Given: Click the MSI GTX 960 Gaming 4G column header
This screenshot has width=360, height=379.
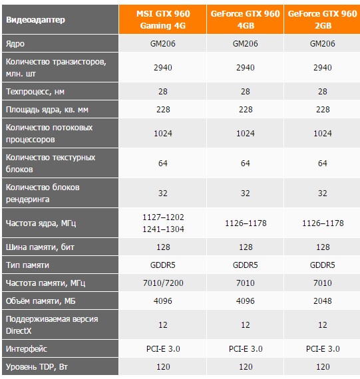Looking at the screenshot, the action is [163, 19].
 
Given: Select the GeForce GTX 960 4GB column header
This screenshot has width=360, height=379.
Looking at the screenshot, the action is [246, 19].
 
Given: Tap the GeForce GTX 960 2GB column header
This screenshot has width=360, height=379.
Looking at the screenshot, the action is [323, 19].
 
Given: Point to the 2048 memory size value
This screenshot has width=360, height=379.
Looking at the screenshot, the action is [323, 301].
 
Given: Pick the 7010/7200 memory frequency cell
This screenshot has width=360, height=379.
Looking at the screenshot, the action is [163, 283].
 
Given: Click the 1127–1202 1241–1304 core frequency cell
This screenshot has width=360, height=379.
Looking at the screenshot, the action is [163, 223].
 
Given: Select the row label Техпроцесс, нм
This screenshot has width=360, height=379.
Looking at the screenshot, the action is [35, 92].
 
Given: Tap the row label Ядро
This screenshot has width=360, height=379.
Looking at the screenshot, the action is [15, 44].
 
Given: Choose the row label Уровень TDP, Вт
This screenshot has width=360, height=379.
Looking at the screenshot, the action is [37, 366].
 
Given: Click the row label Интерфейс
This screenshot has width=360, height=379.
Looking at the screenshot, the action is [27, 349].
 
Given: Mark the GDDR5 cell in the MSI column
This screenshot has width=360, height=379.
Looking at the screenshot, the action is [163, 265].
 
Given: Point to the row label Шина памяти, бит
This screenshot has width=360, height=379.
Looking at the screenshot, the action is [40, 247].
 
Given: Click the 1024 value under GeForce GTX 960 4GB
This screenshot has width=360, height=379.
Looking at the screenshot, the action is [246, 133].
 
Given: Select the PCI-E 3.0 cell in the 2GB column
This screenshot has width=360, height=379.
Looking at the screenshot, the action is [323, 349].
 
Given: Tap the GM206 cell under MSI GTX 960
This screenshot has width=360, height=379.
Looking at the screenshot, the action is [163, 44].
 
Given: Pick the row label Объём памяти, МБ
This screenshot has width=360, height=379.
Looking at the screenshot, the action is [41, 301].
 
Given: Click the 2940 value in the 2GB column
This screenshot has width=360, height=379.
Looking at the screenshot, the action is [323, 67].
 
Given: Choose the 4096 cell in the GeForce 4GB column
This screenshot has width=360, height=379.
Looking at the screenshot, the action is [246, 301].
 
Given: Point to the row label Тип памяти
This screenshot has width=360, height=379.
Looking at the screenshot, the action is [27, 265].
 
